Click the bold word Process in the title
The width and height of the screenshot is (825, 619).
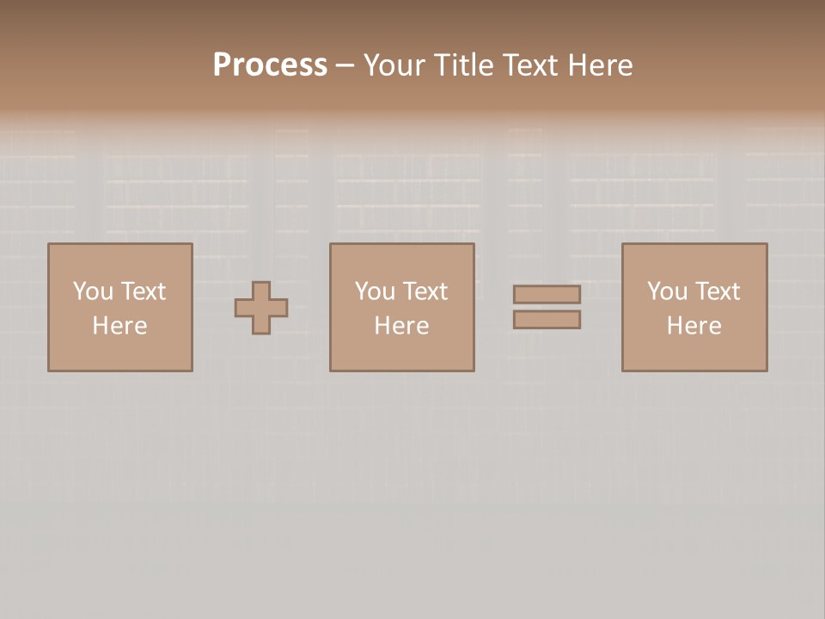point(270,65)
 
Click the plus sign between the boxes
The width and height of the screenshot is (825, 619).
point(261,307)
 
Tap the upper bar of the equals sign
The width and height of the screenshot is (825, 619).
point(547,294)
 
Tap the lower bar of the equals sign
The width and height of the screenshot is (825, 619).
point(547,320)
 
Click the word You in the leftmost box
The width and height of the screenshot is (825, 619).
point(93,291)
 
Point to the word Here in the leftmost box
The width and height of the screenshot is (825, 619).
point(120,326)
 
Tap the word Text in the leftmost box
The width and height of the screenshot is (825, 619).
point(143,291)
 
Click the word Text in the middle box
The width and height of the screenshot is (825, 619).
point(425,291)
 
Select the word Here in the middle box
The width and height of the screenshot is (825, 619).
point(402,326)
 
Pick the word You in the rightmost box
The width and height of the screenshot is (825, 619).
point(667,291)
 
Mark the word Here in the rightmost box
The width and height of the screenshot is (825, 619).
point(694,326)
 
